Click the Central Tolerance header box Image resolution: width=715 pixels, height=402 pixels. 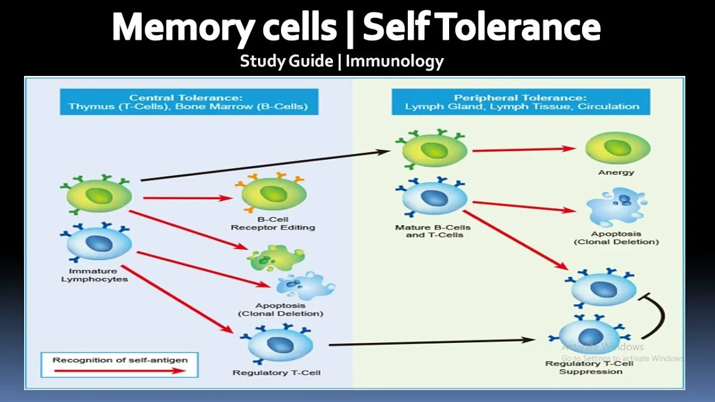coord(188,102)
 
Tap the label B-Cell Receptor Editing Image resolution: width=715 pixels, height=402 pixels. coord(273,223)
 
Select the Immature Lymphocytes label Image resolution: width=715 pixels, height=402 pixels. coord(94,275)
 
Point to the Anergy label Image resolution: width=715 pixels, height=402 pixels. coord(616,173)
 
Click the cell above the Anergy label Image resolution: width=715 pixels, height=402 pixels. coord(617,148)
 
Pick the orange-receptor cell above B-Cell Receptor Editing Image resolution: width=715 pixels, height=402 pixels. coord(274,193)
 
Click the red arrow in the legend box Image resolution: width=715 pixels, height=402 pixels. coord(119,370)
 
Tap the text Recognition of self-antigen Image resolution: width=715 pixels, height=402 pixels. coord(120,360)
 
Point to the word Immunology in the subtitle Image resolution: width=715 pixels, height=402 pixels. coord(394,61)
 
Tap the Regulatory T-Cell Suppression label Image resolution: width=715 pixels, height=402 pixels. coord(590,367)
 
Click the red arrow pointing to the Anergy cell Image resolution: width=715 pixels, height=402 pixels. coord(523,149)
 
